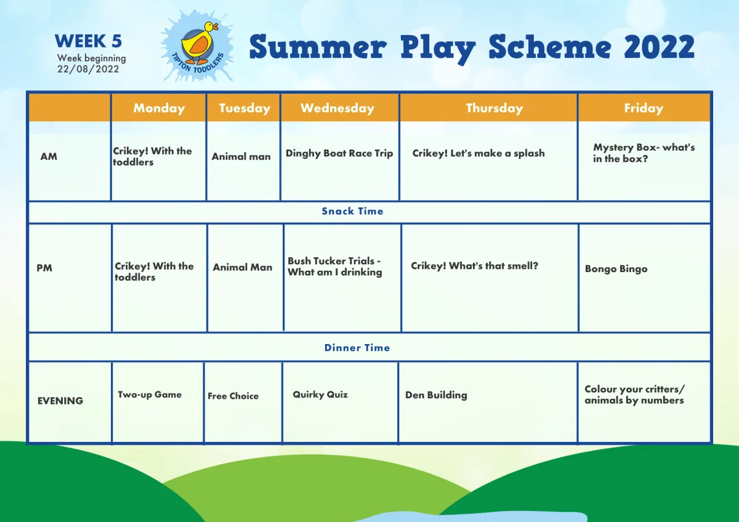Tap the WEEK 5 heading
tap(89, 41)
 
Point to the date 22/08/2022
tap(88, 69)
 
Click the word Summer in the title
tap(318, 47)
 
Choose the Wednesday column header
tap(337, 108)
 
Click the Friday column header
tap(644, 108)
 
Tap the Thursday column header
tap(494, 108)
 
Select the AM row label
tap(49, 156)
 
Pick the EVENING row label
tap(60, 401)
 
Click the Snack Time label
tap(352, 211)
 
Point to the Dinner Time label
tap(357, 348)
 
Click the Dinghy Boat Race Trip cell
tap(339, 153)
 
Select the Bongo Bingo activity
tap(616, 269)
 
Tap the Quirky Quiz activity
tap(320, 395)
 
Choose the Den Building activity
tap(436, 395)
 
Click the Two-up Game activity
tap(150, 395)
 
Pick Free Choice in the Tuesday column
tap(233, 396)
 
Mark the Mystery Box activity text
tap(644, 153)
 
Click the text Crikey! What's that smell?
tap(474, 266)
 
